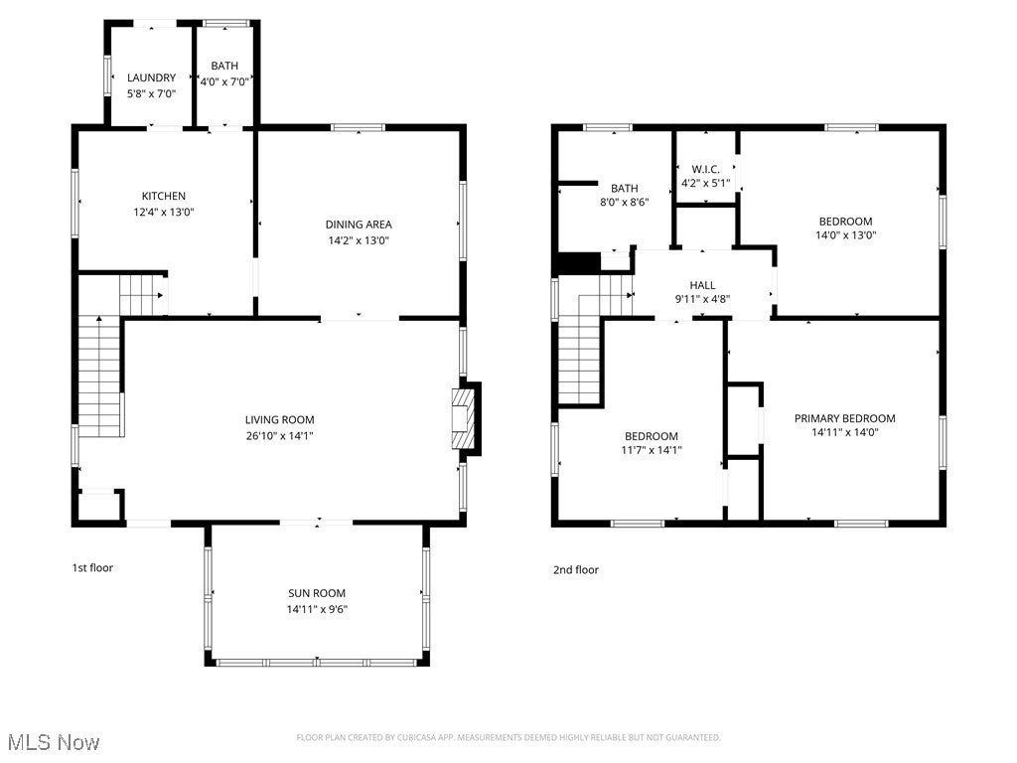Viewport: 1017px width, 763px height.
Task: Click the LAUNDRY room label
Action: (151, 77)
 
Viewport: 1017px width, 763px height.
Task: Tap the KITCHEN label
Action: (164, 196)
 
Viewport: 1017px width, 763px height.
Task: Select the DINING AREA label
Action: (358, 224)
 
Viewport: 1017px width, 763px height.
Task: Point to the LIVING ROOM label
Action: (280, 419)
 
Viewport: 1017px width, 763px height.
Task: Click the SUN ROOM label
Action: (317, 593)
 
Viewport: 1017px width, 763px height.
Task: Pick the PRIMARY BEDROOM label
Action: (844, 418)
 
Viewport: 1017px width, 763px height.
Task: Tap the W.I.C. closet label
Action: (705, 169)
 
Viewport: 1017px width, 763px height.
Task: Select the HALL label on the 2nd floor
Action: (702, 285)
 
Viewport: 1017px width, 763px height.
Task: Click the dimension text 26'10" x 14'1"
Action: (280, 435)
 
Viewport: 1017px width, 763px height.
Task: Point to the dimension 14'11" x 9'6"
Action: (317, 609)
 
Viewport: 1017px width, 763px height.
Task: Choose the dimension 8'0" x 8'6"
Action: (624, 202)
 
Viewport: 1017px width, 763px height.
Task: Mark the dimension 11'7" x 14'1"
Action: (651, 450)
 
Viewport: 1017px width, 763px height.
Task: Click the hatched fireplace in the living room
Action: (463, 419)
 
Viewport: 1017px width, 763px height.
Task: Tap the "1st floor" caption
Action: (92, 568)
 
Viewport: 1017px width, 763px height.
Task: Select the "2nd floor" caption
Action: (576, 570)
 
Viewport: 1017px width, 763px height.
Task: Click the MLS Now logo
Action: (53, 742)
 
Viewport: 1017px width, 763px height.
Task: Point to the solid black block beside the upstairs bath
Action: (579, 263)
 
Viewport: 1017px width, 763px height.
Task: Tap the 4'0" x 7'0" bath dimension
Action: (223, 81)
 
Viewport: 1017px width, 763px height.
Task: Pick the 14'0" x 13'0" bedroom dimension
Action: (845, 235)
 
